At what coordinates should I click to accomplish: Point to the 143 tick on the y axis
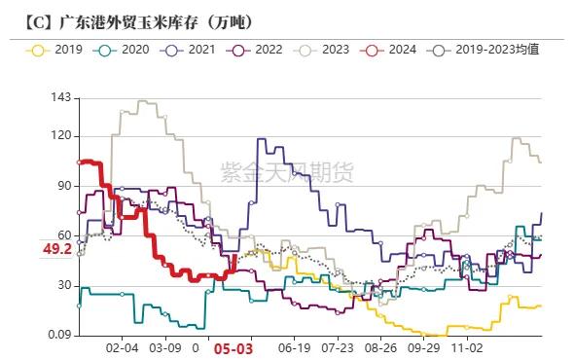click(60, 98)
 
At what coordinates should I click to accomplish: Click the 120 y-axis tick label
click(60, 136)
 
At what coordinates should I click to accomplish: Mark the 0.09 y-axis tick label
click(58, 336)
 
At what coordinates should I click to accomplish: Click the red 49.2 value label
click(56, 249)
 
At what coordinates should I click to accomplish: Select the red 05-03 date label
click(233, 347)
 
